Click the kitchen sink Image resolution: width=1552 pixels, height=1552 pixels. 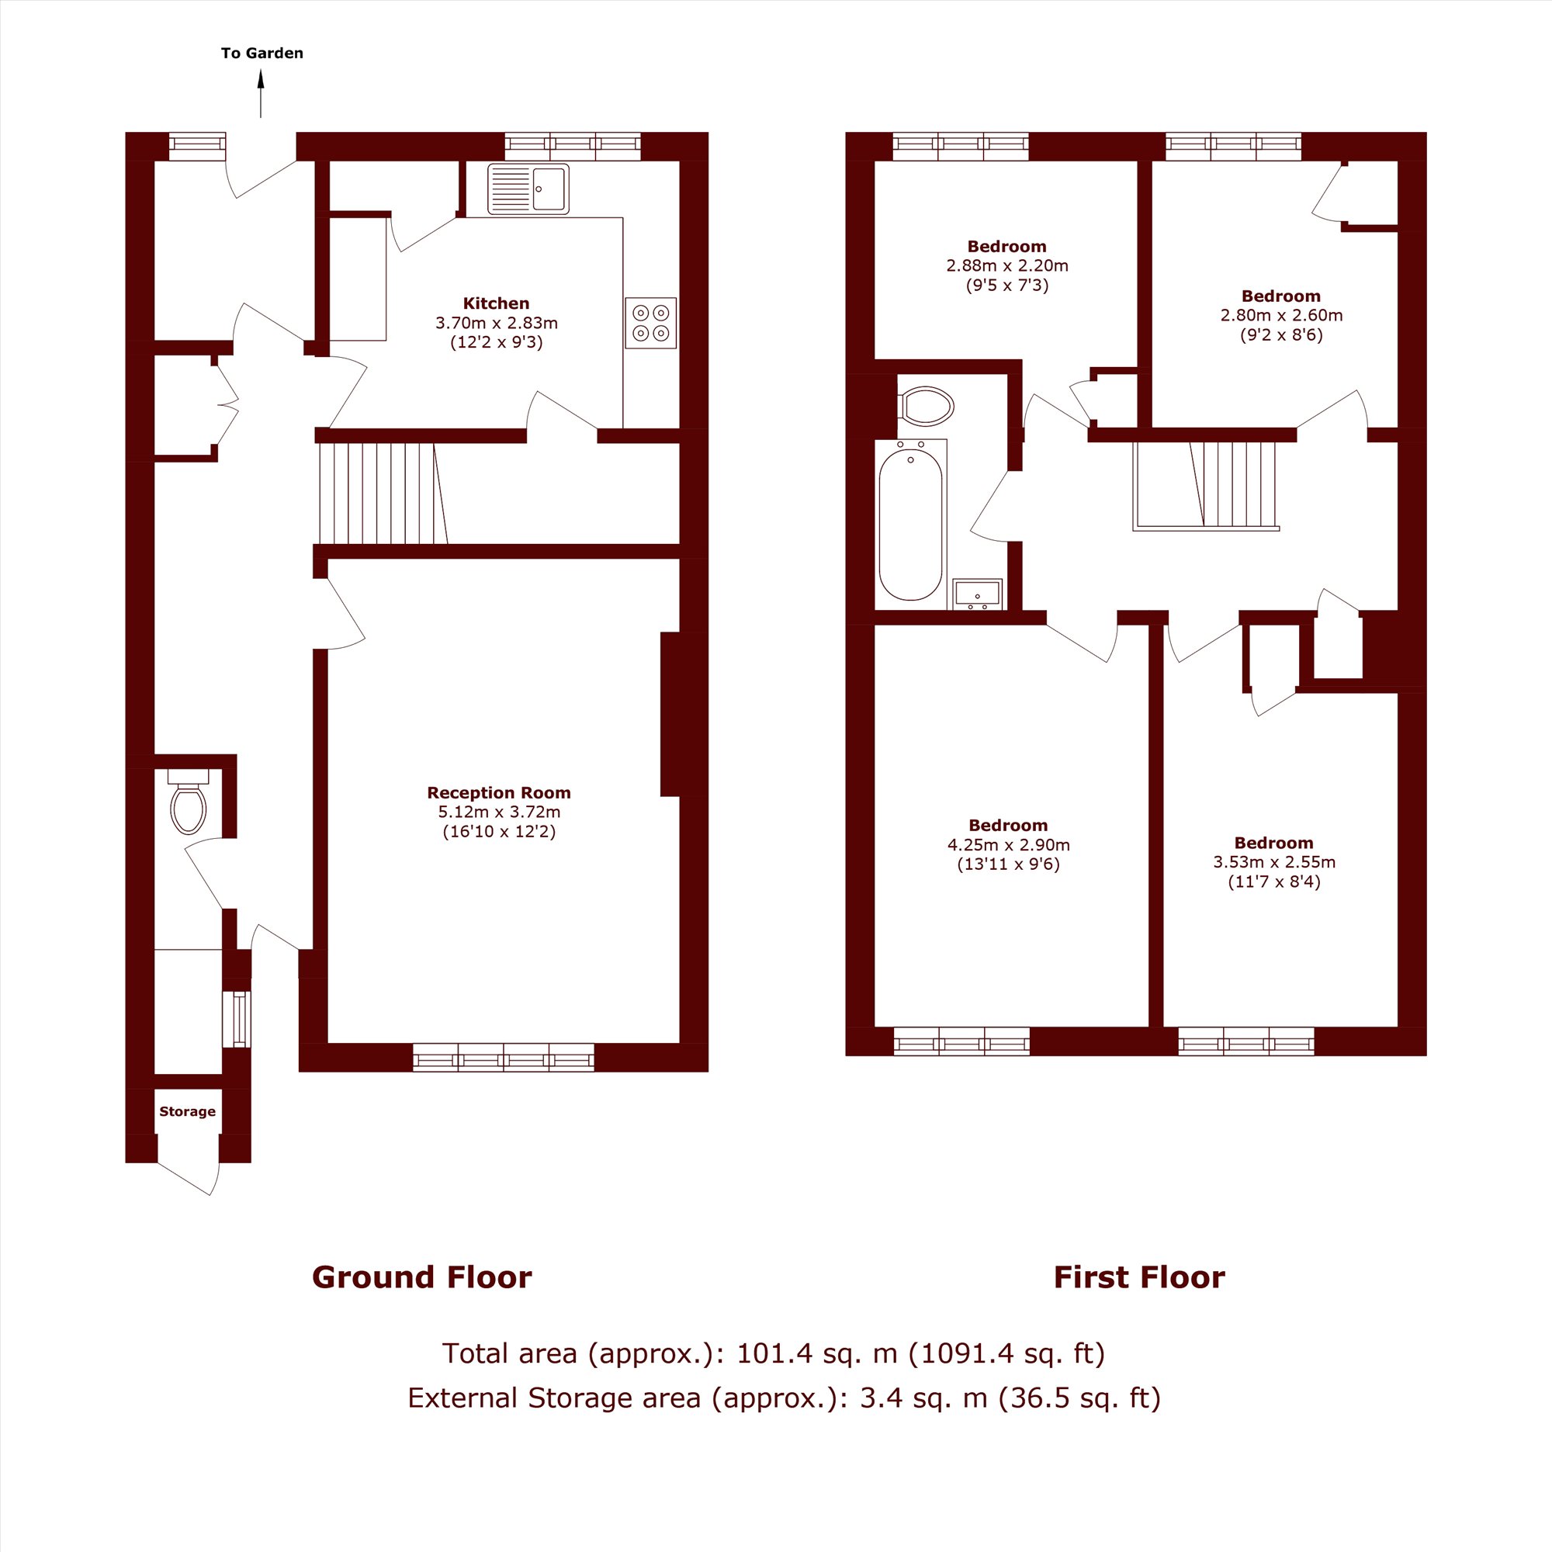[x=528, y=189]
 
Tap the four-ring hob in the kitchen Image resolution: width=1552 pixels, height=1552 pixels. [x=651, y=323]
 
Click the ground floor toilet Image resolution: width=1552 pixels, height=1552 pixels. [x=189, y=801]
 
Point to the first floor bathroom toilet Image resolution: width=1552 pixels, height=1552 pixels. [x=927, y=406]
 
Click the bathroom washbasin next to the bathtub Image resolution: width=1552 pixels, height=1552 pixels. [x=977, y=594]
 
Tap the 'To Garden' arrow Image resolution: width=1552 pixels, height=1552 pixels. [x=260, y=94]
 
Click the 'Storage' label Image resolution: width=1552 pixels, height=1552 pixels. [x=187, y=1112]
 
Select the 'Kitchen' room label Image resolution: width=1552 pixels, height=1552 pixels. [x=496, y=303]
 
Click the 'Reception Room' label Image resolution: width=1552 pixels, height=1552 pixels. [x=499, y=793]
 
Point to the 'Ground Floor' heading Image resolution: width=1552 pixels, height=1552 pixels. [x=421, y=1277]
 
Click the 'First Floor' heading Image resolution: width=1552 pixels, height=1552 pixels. [x=1139, y=1277]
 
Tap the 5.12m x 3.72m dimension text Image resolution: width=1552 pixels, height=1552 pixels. [x=499, y=812]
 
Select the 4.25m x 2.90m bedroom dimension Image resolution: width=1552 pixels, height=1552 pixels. [x=1008, y=845]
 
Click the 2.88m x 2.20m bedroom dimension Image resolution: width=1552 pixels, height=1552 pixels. [x=1006, y=266]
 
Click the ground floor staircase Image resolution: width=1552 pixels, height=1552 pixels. [x=383, y=494]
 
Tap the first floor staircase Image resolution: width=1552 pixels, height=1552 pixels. [x=1206, y=486]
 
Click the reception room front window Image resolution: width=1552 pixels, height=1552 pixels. [x=504, y=1057]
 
